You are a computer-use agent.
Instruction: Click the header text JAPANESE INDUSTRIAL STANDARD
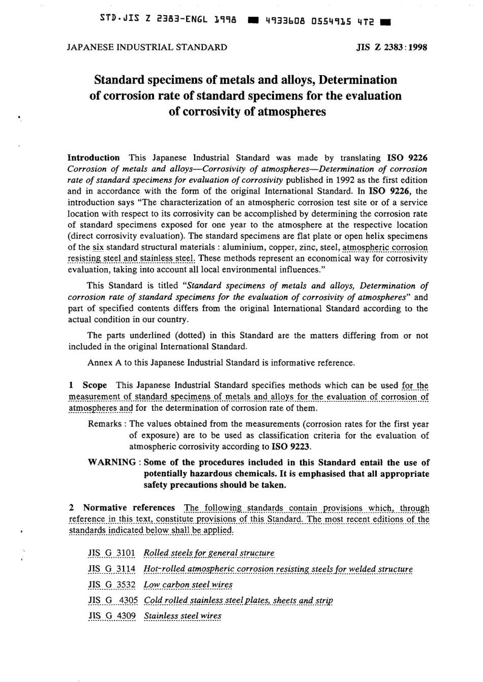point(147,48)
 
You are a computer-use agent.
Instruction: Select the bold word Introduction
point(94,157)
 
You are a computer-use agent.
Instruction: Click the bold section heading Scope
point(95,385)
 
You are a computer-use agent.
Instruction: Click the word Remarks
point(105,424)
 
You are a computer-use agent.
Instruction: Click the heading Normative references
point(129,508)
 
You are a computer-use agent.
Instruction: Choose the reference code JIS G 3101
point(112,553)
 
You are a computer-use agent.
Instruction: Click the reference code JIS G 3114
point(112,569)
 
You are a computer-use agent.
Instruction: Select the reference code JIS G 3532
point(112,584)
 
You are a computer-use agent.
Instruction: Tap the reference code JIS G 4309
point(112,616)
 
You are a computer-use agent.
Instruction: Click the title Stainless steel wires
point(183,616)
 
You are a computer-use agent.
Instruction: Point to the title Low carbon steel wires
point(188,584)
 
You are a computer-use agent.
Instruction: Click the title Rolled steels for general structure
point(209,553)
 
